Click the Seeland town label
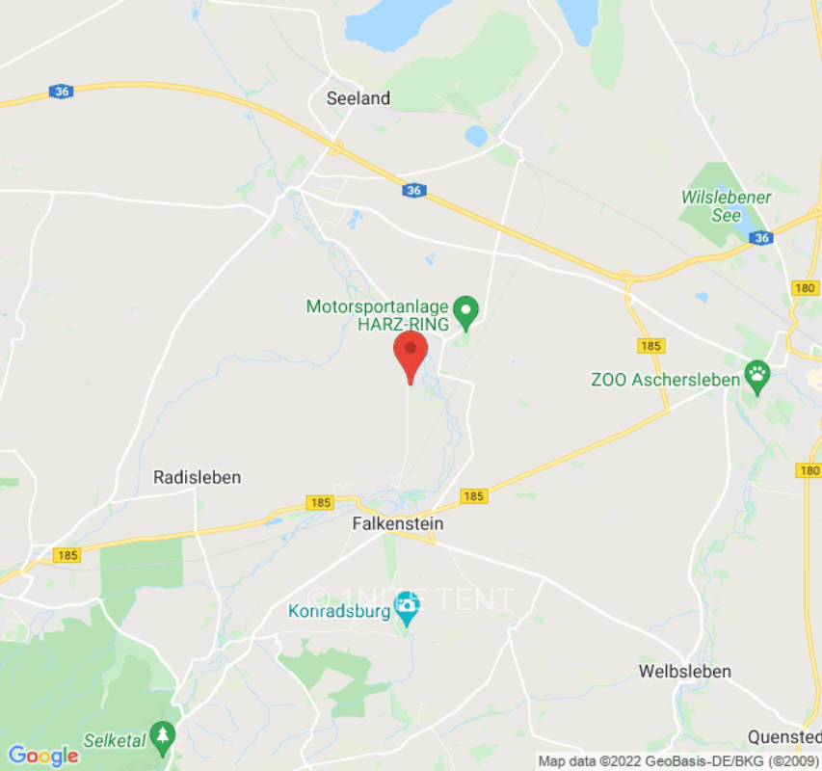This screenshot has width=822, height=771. [x=358, y=98]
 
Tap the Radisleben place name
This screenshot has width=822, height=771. [x=198, y=477]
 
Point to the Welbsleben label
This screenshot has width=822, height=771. [x=685, y=671]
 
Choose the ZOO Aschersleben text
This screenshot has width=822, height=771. [x=665, y=380]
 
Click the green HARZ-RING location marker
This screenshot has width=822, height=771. [x=467, y=309]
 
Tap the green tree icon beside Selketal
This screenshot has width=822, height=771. [x=163, y=734]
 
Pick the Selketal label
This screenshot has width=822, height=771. [x=114, y=739]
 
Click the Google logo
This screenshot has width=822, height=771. [x=42, y=755]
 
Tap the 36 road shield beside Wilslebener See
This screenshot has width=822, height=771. [x=762, y=238]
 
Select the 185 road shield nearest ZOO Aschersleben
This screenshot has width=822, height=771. [x=650, y=346]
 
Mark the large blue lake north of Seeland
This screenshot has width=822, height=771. [x=384, y=24]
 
